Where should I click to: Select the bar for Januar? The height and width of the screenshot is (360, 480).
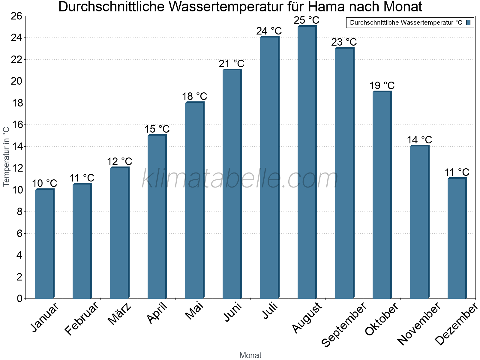point(44,244)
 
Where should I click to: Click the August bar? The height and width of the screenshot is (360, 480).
point(307,162)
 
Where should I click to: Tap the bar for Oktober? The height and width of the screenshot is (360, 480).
point(382,195)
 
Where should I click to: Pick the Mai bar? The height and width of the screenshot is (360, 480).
point(194,200)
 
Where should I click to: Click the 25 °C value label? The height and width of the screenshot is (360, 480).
point(307,20)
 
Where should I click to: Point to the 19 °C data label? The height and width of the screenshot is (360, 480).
point(382,86)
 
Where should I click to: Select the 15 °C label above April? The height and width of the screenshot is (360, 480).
point(157,129)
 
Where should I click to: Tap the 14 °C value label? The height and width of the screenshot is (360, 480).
point(419,140)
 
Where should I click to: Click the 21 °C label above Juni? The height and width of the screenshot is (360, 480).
point(232,64)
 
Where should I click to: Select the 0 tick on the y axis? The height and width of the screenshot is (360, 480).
point(20,298)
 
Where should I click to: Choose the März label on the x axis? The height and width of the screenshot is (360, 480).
point(120,314)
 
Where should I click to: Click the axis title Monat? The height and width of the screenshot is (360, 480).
point(250,355)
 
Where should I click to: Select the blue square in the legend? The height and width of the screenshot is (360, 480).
point(468,22)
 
